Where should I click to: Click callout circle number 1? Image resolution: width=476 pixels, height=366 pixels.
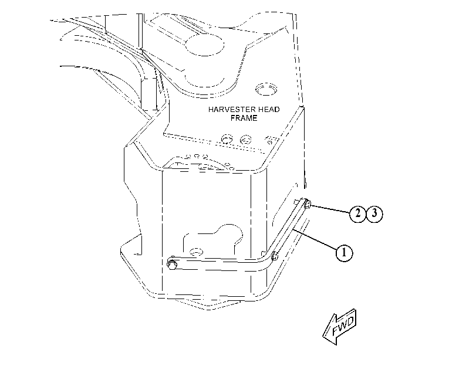(x=345, y=252)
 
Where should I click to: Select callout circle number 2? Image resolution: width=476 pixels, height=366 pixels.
(x=358, y=214)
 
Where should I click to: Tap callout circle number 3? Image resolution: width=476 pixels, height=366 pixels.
(x=374, y=214)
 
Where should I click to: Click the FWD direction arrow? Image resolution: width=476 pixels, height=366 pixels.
(x=339, y=327)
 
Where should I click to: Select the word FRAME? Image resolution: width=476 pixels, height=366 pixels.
(x=244, y=118)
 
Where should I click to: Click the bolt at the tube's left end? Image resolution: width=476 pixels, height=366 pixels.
(x=172, y=263)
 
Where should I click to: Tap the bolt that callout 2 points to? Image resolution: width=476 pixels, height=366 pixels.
(x=307, y=204)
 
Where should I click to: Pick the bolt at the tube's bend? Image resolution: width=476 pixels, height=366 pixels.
(x=274, y=256)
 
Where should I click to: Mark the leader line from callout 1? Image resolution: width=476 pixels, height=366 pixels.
(x=315, y=240)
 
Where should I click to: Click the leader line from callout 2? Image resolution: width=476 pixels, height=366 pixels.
(x=330, y=209)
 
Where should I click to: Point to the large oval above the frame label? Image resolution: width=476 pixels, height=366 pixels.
(x=204, y=45)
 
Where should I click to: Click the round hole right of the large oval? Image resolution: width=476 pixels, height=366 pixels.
(x=266, y=89)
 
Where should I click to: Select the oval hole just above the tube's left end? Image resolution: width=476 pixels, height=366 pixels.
(x=196, y=252)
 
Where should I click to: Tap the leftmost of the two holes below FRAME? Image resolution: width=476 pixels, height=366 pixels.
(x=227, y=139)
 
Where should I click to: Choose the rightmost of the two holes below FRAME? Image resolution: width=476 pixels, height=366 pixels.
(x=245, y=140)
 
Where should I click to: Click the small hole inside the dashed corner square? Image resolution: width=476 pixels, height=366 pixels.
(x=269, y=141)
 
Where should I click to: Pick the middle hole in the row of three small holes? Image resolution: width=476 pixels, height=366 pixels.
(x=197, y=156)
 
